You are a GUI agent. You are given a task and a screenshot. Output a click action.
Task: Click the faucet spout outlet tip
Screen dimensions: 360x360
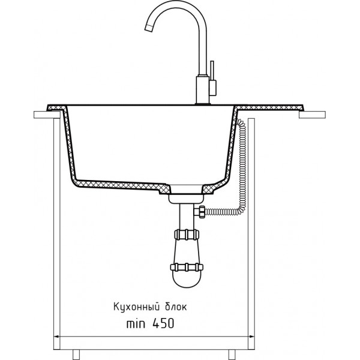coord(148,28)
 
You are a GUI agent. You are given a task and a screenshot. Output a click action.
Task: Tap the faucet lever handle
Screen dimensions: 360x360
coord(212,78)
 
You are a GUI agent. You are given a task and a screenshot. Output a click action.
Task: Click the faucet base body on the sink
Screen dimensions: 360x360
coord(203,90)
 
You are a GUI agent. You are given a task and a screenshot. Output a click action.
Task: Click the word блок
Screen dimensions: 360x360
coord(176,307)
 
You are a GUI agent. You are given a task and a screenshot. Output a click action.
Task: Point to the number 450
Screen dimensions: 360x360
coord(163,324)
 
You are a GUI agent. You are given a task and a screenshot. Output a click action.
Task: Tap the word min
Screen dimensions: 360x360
coord(136,324)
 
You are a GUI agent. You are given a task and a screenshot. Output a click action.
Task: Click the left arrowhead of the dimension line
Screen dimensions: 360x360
coord(56,337)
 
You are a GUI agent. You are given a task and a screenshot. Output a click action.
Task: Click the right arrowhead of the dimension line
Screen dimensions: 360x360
coord(251,337)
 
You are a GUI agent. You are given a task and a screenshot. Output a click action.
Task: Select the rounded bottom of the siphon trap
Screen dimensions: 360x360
coord(187,280)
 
